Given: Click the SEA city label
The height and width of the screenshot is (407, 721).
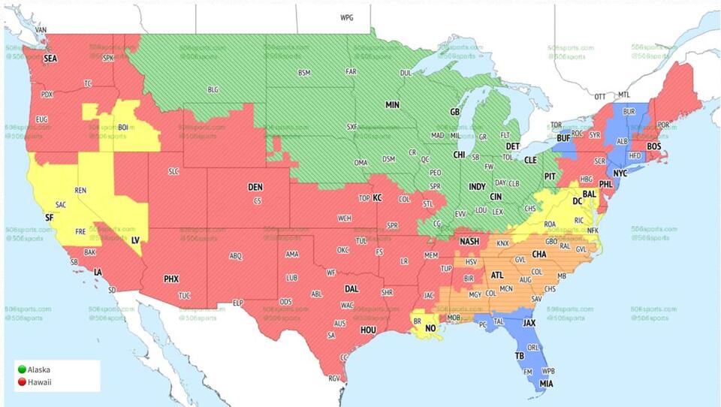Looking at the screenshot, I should (x=50, y=58).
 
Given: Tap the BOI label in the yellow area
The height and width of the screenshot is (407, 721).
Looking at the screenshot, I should (x=122, y=128).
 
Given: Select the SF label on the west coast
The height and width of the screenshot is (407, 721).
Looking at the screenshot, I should (x=50, y=217).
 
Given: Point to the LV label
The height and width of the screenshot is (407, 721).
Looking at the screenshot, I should (x=136, y=240).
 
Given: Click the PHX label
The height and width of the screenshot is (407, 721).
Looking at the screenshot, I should (x=171, y=279).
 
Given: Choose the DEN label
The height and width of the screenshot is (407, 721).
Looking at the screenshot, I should (x=255, y=187).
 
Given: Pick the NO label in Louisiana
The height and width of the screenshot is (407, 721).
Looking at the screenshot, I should (x=430, y=328).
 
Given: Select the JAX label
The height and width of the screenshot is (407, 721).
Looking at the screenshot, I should (x=529, y=324).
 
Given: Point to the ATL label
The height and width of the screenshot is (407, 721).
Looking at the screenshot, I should (x=497, y=276).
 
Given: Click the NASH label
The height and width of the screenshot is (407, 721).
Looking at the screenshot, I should (x=469, y=241).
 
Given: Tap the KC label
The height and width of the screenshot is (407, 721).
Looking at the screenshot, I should (x=377, y=197).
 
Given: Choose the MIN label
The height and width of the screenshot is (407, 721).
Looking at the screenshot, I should (x=392, y=105).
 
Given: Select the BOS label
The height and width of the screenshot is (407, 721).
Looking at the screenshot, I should (x=653, y=146).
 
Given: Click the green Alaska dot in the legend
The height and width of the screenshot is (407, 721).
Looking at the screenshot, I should (x=21, y=369).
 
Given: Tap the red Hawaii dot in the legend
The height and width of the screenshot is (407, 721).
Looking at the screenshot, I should (x=21, y=382).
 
